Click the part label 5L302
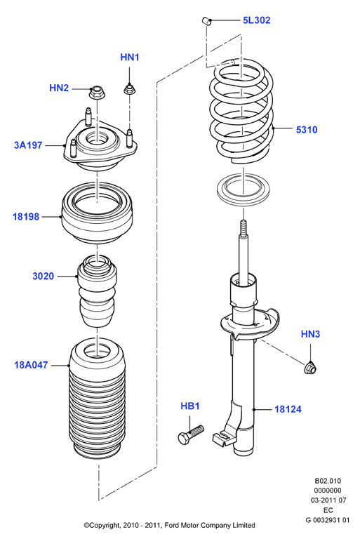pyautogui.click(x=257, y=20)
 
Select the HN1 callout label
pyautogui.click(x=130, y=57)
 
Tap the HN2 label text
pyautogui.click(x=59, y=88)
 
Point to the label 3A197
pyautogui.click(x=28, y=145)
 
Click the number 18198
pyautogui.click(x=26, y=217)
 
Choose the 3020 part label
pyautogui.click(x=43, y=276)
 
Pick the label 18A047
pyautogui.click(x=31, y=365)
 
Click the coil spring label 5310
pyautogui.click(x=307, y=130)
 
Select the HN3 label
pyautogui.click(x=310, y=334)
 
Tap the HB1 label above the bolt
pyautogui.click(x=190, y=406)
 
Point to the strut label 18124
pyautogui.click(x=288, y=409)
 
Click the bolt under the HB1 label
pyautogui.click(x=191, y=435)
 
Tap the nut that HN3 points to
pyautogui.click(x=310, y=368)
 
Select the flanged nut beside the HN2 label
pyautogui.click(x=97, y=93)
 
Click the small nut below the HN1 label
pyautogui.click(x=130, y=90)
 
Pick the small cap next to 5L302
pyautogui.click(x=206, y=20)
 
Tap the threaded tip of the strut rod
pyautogui.click(x=243, y=228)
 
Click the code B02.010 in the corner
pyautogui.click(x=328, y=481)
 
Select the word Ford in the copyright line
pyautogui.click(x=172, y=525)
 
